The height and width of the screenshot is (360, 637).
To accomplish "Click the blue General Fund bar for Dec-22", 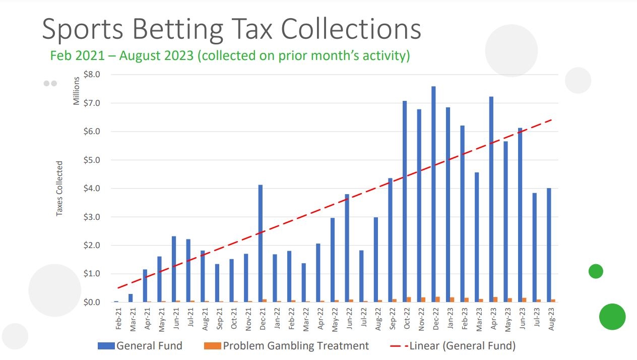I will click(433, 194).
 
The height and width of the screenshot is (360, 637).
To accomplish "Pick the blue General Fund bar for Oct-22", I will click(404, 202).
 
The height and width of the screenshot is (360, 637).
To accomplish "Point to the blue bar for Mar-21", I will click(131, 298).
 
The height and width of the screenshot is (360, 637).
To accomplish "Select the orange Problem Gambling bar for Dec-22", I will click(437, 299).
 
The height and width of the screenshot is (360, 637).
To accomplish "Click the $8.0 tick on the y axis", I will click(91, 75).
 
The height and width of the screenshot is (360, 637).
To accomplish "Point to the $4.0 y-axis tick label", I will click(91, 189).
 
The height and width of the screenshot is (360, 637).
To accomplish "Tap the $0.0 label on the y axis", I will click(91, 303).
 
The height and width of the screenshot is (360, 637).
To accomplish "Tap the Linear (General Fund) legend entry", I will click(453, 346).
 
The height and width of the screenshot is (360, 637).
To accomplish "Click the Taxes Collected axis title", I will click(59, 189).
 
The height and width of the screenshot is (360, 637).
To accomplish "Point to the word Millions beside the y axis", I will click(77, 91).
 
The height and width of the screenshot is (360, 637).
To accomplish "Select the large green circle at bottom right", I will click(612, 317).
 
